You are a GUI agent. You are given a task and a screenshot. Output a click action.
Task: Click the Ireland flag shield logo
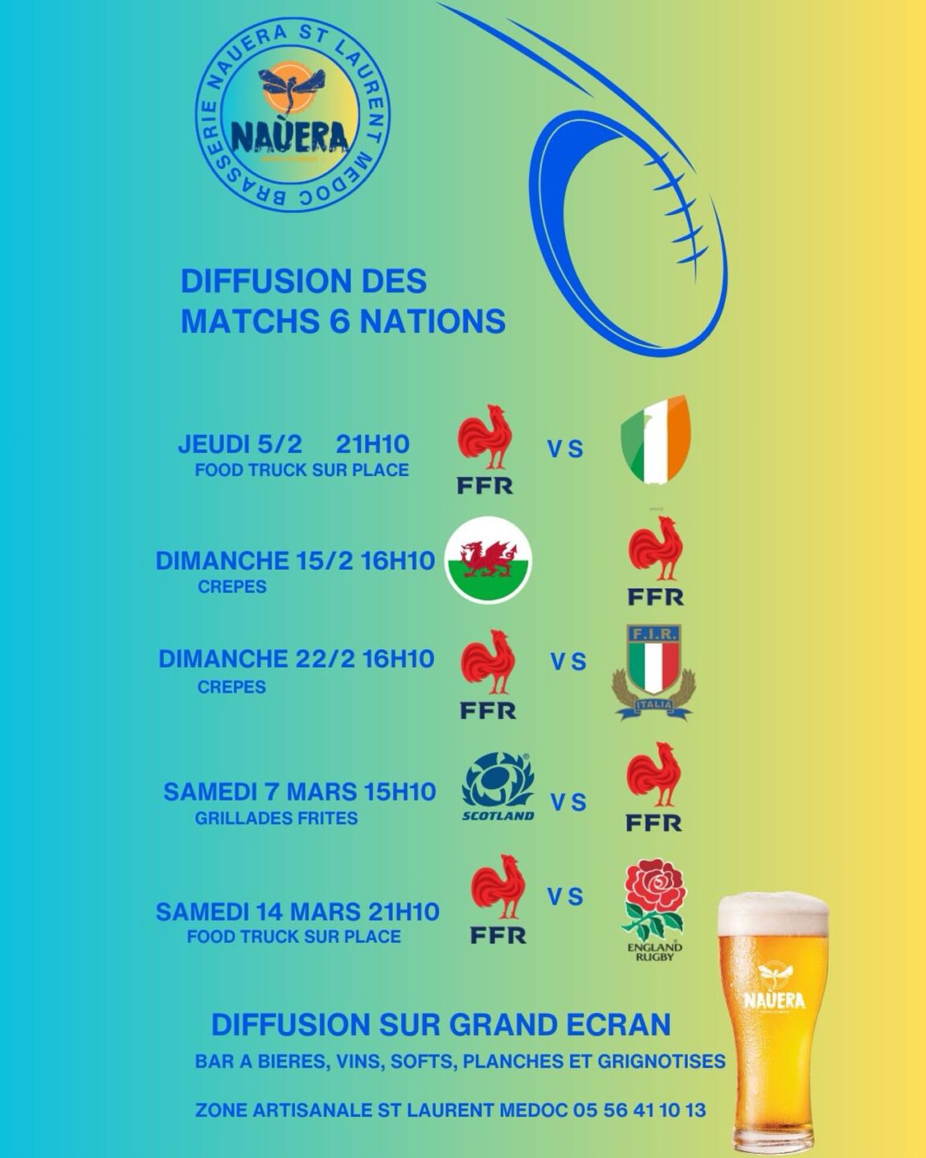pyautogui.click(x=656, y=440)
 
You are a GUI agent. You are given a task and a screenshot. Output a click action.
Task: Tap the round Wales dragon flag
pyautogui.click(x=489, y=561)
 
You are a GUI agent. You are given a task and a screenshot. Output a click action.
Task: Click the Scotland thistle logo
pyautogui.click(x=498, y=786)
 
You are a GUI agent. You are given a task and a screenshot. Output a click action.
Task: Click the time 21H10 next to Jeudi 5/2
pyautogui.click(x=372, y=444)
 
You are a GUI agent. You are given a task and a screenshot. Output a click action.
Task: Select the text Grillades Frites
pyautogui.click(x=276, y=818)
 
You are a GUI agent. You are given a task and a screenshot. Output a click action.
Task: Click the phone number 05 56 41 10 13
pyautogui.click(x=640, y=1110)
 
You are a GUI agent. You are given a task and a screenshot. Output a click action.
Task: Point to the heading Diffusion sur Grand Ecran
pyautogui.click(x=440, y=1025)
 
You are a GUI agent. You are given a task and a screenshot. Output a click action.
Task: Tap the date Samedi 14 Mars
pyautogui.click(x=258, y=912)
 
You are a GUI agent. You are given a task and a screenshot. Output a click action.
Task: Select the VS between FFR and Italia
pyautogui.click(x=568, y=662)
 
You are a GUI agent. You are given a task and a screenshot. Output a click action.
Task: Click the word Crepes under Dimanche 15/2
pyautogui.click(x=232, y=586)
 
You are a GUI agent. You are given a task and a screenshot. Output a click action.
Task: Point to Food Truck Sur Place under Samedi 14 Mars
pyautogui.click(x=293, y=936)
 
